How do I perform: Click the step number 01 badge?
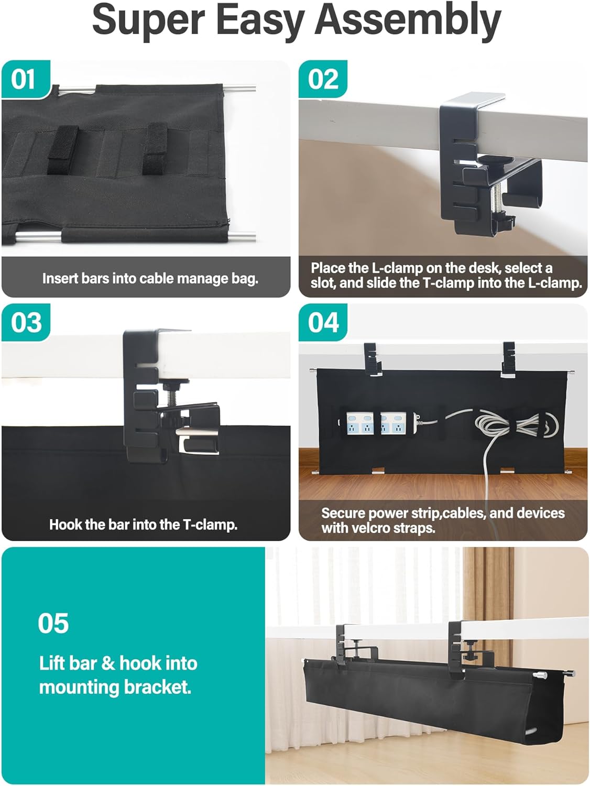pyautogui.click(x=26, y=79)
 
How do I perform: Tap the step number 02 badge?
pyautogui.click(x=323, y=79)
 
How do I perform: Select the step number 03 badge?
pyautogui.click(x=26, y=323)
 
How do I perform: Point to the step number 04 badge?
pyautogui.click(x=323, y=323)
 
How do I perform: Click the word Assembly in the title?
pyautogui.click(x=408, y=22)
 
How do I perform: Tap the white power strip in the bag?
pyautogui.click(x=380, y=423)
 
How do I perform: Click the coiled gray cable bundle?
pyautogui.click(x=516, y=425)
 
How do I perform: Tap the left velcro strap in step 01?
pyautogui.click(x=63, y=150)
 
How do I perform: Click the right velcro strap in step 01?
pyautogui.click(x=155, y=149)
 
